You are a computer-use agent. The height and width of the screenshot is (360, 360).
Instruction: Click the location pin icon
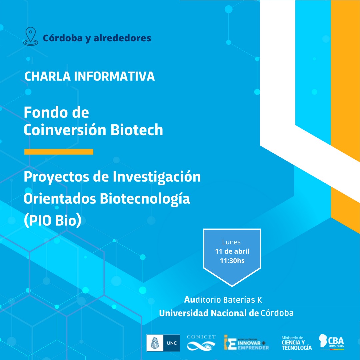[31, 36]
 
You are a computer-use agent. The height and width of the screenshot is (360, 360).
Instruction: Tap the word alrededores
[122, 38]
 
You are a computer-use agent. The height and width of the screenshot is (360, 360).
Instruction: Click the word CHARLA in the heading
[48, 76]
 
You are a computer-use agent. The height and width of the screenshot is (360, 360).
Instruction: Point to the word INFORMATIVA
[114, 76]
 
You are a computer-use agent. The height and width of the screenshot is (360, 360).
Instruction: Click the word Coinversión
[65, 130]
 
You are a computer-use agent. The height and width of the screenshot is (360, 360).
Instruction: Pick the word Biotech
[137, 130]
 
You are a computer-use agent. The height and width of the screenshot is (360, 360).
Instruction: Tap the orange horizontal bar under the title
[59, 152]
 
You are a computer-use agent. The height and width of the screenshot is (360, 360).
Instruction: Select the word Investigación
[157, 177]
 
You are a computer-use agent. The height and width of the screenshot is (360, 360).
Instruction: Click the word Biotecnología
[145, 199]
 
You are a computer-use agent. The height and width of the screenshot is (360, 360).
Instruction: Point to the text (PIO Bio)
[53, 220]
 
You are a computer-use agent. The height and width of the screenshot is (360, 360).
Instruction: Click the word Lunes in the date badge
[231, 242]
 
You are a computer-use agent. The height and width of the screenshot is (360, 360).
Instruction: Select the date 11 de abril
[232, 251]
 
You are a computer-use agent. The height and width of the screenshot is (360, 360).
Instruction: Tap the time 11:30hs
[232, 261]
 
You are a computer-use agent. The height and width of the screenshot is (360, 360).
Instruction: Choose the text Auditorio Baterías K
[223, 300]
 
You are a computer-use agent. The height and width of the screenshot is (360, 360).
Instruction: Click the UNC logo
[163, 343]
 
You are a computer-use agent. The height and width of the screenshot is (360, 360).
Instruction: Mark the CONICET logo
[201, 343]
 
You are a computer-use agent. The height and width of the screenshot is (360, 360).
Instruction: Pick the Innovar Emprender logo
[246, 342]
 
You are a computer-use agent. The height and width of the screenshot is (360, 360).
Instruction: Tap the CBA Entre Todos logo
[332, 342]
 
